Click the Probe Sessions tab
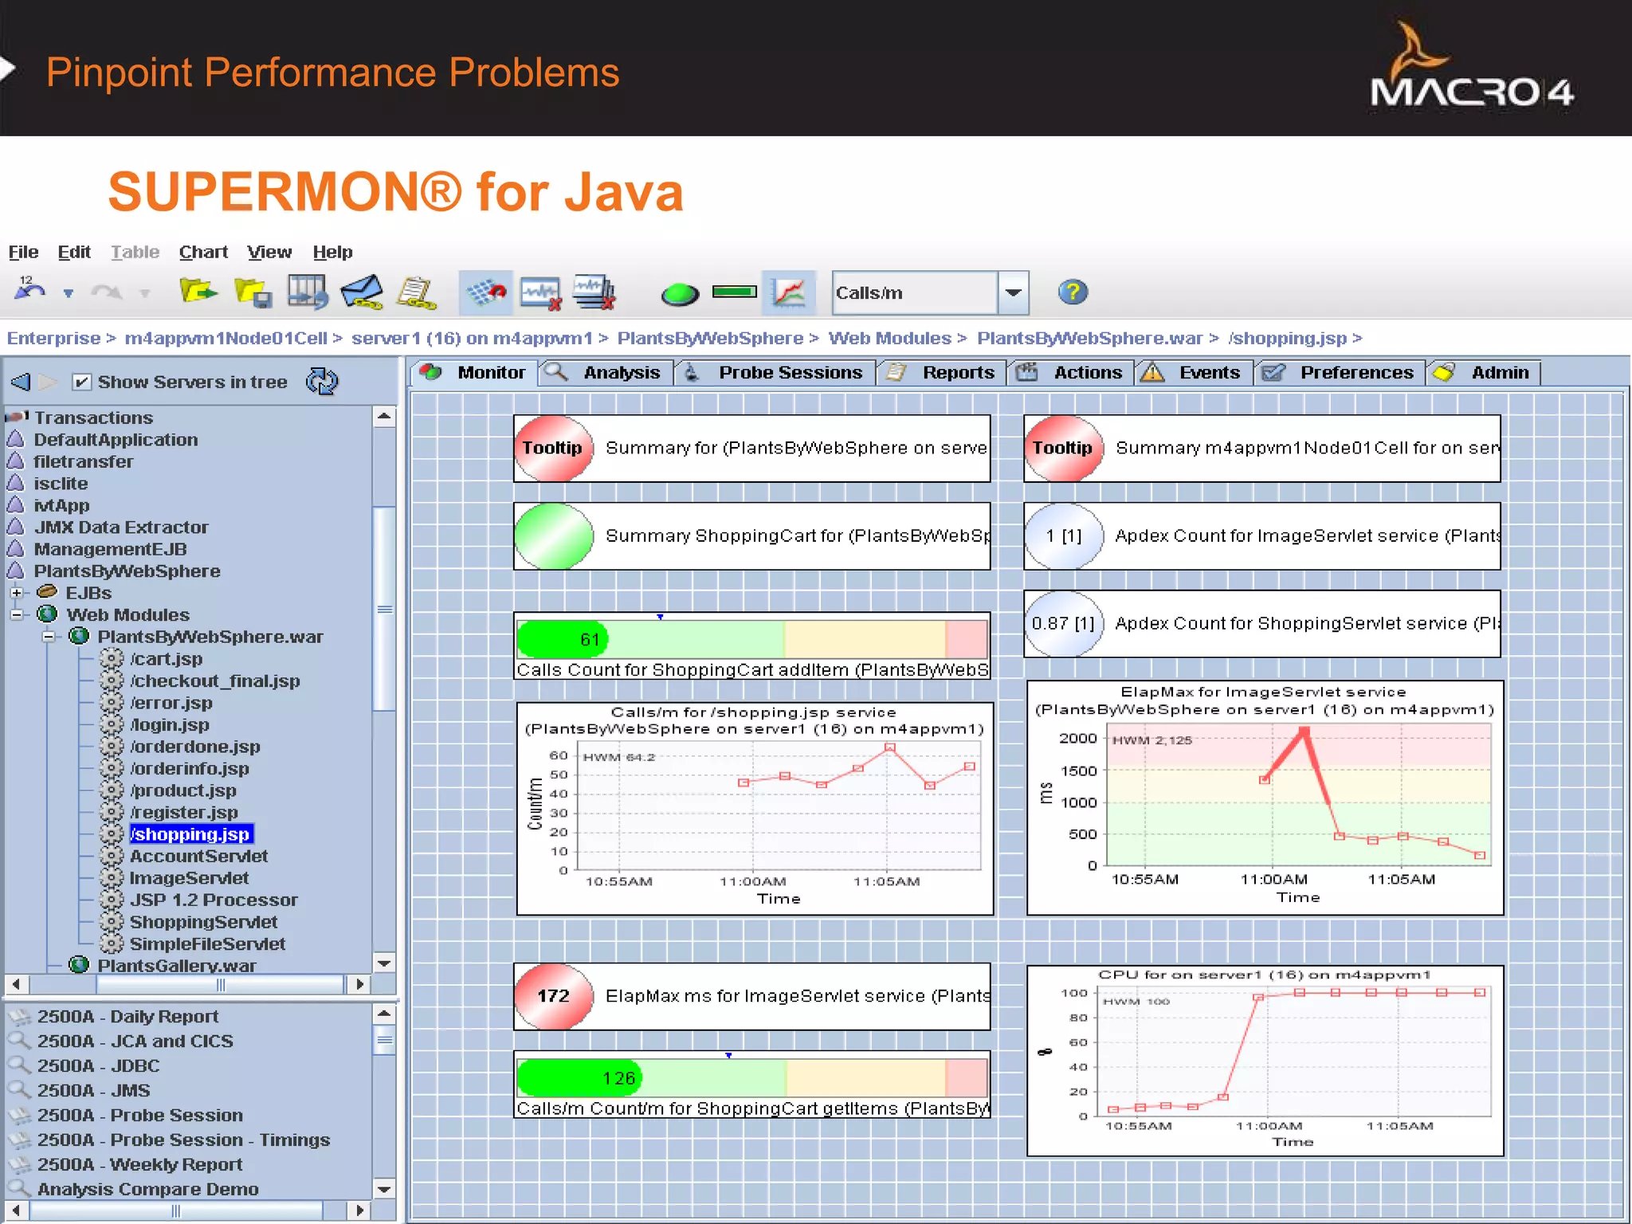[789, 373]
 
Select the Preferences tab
[1355, 373]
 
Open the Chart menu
[203, 253]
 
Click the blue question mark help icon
[1073, 292]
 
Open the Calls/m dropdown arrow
[1013, 293]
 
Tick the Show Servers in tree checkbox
[81, 382]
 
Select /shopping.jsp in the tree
[190, 834]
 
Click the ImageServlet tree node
[189, 878]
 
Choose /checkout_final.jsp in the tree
[214, 681]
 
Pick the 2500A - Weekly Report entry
[139, 1165]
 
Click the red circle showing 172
[554, 996]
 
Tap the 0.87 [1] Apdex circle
[1063, 624]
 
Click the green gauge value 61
[590, 639]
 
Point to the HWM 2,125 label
[1151, 740]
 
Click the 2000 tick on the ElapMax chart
[1078, 739]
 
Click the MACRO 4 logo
[1471, 72]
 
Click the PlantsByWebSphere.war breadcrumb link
[1089, 339]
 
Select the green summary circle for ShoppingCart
[554, 536]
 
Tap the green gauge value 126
[618, 1078]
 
